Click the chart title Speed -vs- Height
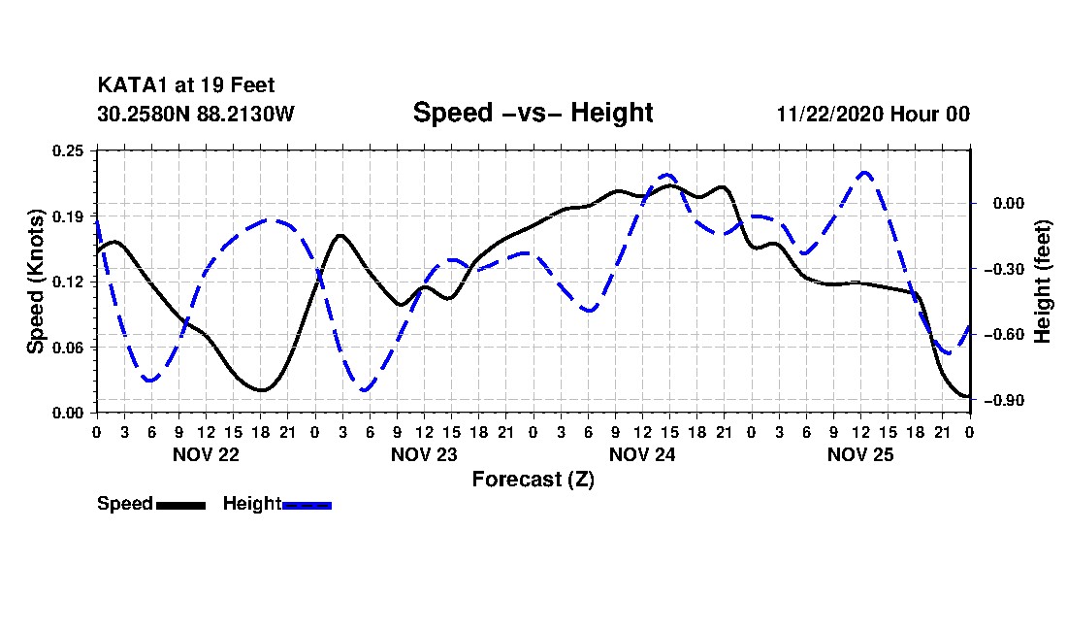tap(533, 113)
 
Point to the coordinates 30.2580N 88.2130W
tap(196, 114)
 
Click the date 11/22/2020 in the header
tap(829, 114)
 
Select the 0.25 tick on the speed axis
tap(68, 150)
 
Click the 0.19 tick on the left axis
tap(68, 216)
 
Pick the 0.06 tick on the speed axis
tap(68, 348)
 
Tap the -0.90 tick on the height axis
tap(1004, 400)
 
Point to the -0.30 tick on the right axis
tap(1004, 269)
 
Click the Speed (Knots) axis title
tap(35, 282)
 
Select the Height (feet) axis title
tap(1042, 282)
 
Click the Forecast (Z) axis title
tap(533, 480)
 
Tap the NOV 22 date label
tap(206, 454)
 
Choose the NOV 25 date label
tap(860, 454)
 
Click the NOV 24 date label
tap(642, 454)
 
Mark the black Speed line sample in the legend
tap(181, 505)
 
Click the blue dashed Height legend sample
tap(307, 505)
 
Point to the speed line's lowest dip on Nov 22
tap(261, 390)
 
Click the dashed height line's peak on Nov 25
tap(864, 172)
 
